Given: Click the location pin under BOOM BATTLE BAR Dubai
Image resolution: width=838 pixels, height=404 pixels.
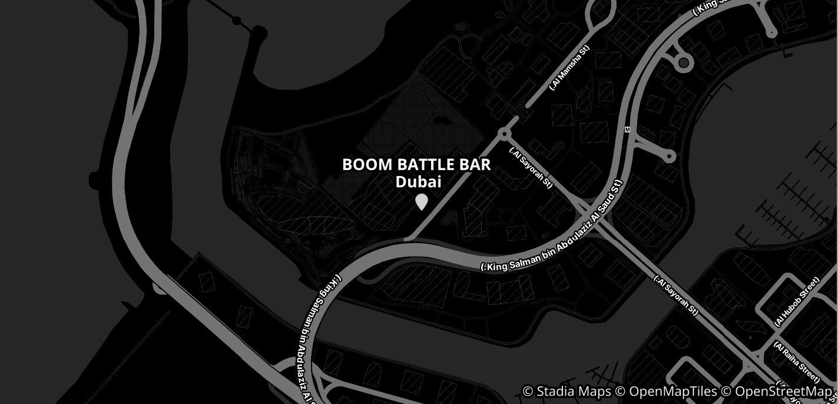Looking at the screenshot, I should coord(421,201).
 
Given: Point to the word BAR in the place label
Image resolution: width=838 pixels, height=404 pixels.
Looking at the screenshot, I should coord(478,165).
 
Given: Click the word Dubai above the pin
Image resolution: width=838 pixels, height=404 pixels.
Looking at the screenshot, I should coord(418,182).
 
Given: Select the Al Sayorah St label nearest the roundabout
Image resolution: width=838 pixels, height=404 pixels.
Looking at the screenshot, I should coord(531,167).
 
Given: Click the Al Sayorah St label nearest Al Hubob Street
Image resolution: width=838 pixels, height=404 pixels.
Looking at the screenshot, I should coord(675,295).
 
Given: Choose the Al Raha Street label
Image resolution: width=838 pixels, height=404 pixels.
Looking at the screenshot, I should coord(796,361).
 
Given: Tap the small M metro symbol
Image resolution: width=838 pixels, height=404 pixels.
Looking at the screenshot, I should coord(627,130).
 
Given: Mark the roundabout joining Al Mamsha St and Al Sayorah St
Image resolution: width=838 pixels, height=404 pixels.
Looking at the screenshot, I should coord(504,134).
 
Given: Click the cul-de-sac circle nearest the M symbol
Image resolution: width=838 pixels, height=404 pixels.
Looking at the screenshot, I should coord(669,157).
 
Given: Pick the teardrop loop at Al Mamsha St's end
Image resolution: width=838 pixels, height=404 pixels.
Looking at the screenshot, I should coord(600,13).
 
